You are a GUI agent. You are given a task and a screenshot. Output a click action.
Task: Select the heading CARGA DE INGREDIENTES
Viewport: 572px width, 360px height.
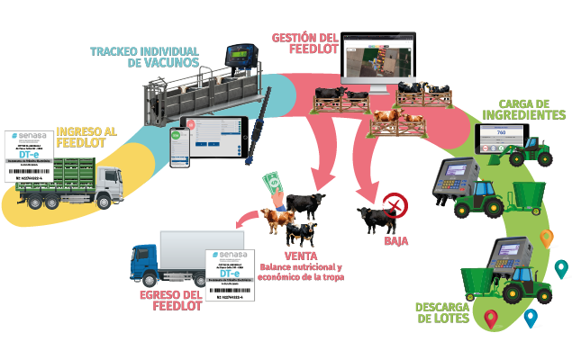523,110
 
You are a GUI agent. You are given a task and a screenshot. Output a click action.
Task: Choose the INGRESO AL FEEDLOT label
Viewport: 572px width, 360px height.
86,138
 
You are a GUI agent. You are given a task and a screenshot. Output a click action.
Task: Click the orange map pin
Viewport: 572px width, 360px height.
545,238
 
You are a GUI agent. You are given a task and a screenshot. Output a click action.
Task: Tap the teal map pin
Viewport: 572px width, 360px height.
561,267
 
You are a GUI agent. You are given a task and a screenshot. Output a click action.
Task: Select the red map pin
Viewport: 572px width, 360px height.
491,317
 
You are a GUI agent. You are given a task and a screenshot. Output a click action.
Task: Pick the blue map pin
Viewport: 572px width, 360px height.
531,317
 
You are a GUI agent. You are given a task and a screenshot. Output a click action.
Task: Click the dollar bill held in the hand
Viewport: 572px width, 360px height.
269,186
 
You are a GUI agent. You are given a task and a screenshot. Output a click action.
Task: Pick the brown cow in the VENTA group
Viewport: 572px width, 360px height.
274,219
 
